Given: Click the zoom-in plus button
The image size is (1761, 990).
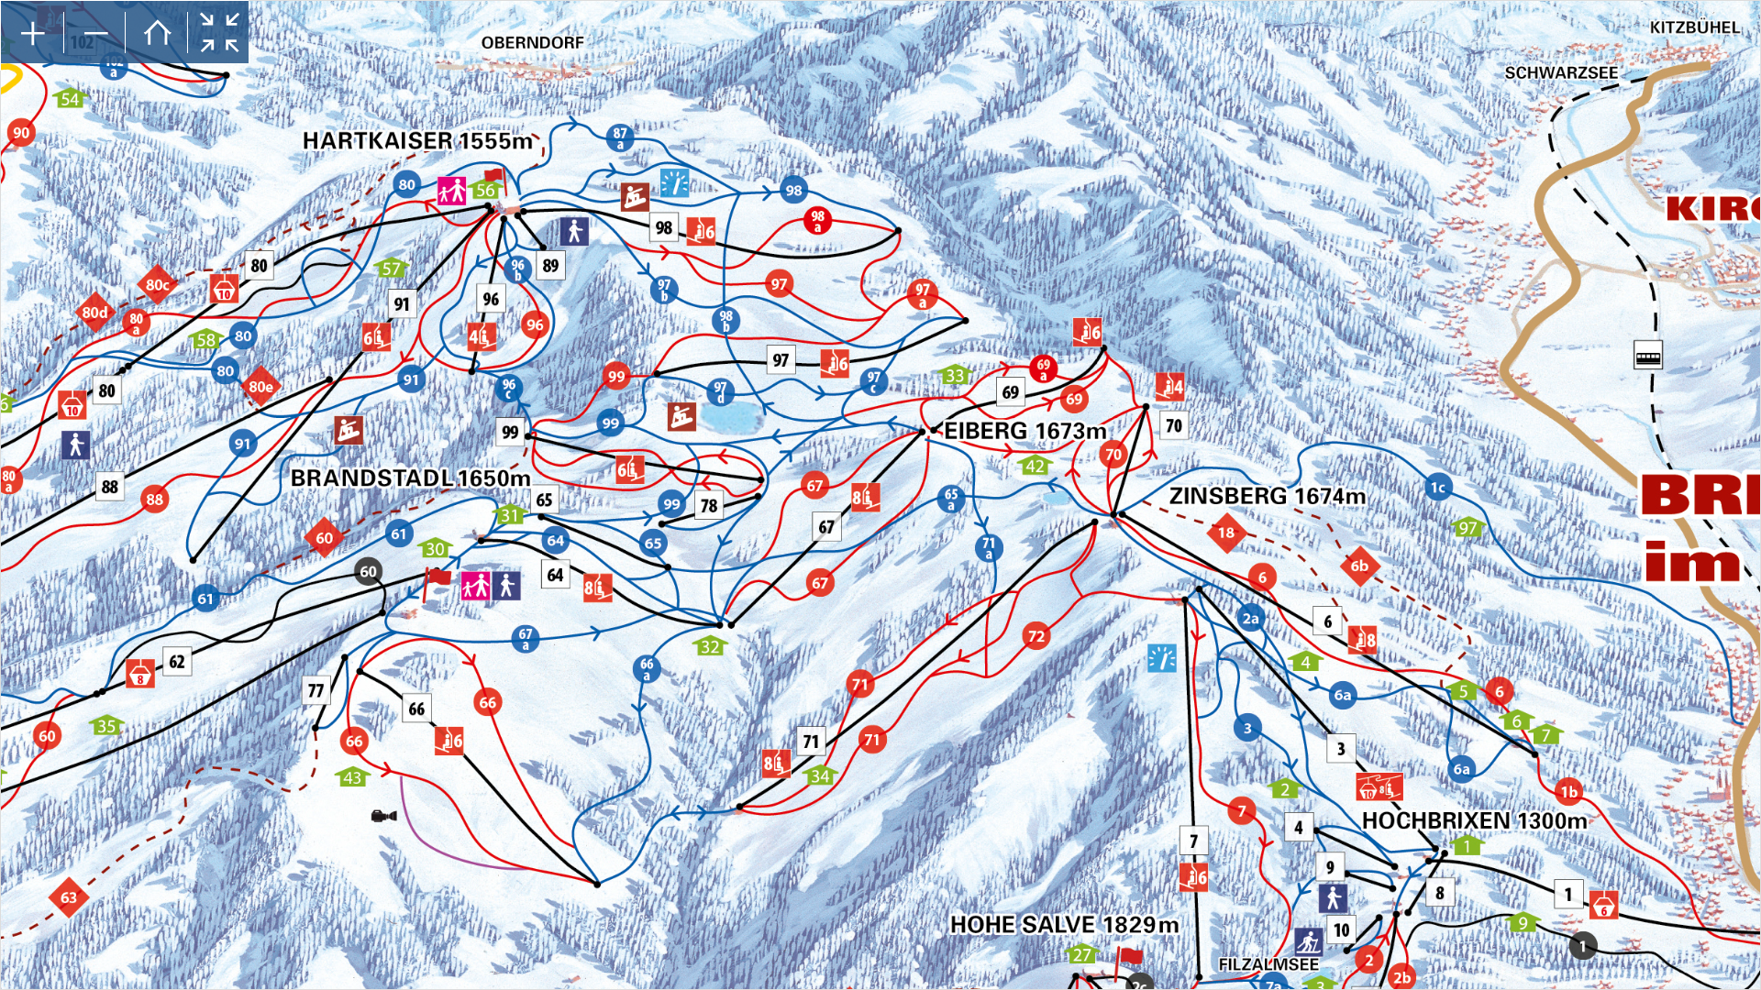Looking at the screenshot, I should [x=32, y=34].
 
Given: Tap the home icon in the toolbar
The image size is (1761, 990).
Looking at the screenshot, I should [x=157, y=34].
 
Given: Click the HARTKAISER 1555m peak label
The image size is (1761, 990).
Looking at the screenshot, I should [x=417, y=140].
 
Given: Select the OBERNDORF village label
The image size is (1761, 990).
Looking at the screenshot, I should [x=532, y=42].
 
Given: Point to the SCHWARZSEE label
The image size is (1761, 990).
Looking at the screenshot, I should [x=1561, y=72].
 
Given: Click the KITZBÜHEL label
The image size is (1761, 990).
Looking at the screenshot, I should [x=1694, y=27].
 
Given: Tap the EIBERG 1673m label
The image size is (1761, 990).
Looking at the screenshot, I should [x=1024, y=431].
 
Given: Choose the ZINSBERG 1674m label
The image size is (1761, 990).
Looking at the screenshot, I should [x=1267, y=496].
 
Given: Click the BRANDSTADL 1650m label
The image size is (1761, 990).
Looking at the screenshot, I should [x=410, y=478].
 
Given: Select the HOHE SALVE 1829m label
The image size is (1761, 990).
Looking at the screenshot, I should [x=1064, y=925].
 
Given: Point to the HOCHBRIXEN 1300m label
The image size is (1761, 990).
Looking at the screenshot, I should [x=1474, y=820].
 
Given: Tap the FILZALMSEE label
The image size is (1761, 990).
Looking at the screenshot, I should [x=1268, y=964].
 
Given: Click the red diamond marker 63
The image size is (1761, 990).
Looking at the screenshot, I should [x=69, y=897].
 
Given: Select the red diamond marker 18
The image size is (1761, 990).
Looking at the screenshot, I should [x=1226, y=533].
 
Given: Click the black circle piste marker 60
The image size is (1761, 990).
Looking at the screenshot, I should [x=368, y=571].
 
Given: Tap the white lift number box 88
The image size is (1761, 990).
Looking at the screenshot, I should [x=110, y=487].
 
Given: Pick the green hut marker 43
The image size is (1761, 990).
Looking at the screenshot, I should [x=353, y=777].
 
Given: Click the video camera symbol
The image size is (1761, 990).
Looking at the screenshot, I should [x=383, y=815].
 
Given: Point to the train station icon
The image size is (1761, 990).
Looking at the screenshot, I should [x=1647, y=356].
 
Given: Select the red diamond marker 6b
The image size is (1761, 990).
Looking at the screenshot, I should [x=1359, y=566].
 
